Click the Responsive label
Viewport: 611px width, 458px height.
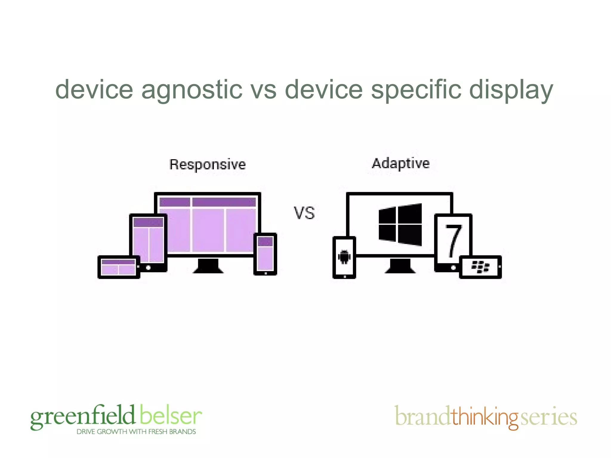207,165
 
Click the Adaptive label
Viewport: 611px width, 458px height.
400,163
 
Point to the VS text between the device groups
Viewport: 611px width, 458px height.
304,213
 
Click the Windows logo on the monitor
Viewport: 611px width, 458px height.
400,225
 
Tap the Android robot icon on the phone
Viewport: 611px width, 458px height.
344,257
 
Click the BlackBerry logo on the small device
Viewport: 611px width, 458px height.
480,267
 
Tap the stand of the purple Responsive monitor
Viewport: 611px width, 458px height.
208,266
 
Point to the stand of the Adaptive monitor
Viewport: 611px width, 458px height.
400,266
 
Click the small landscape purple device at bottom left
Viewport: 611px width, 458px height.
118,267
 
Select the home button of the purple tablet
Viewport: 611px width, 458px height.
148,267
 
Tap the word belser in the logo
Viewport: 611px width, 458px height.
170,415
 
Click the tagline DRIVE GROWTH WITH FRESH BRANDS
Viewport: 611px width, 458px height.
136,432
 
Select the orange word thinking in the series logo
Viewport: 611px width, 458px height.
485,417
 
